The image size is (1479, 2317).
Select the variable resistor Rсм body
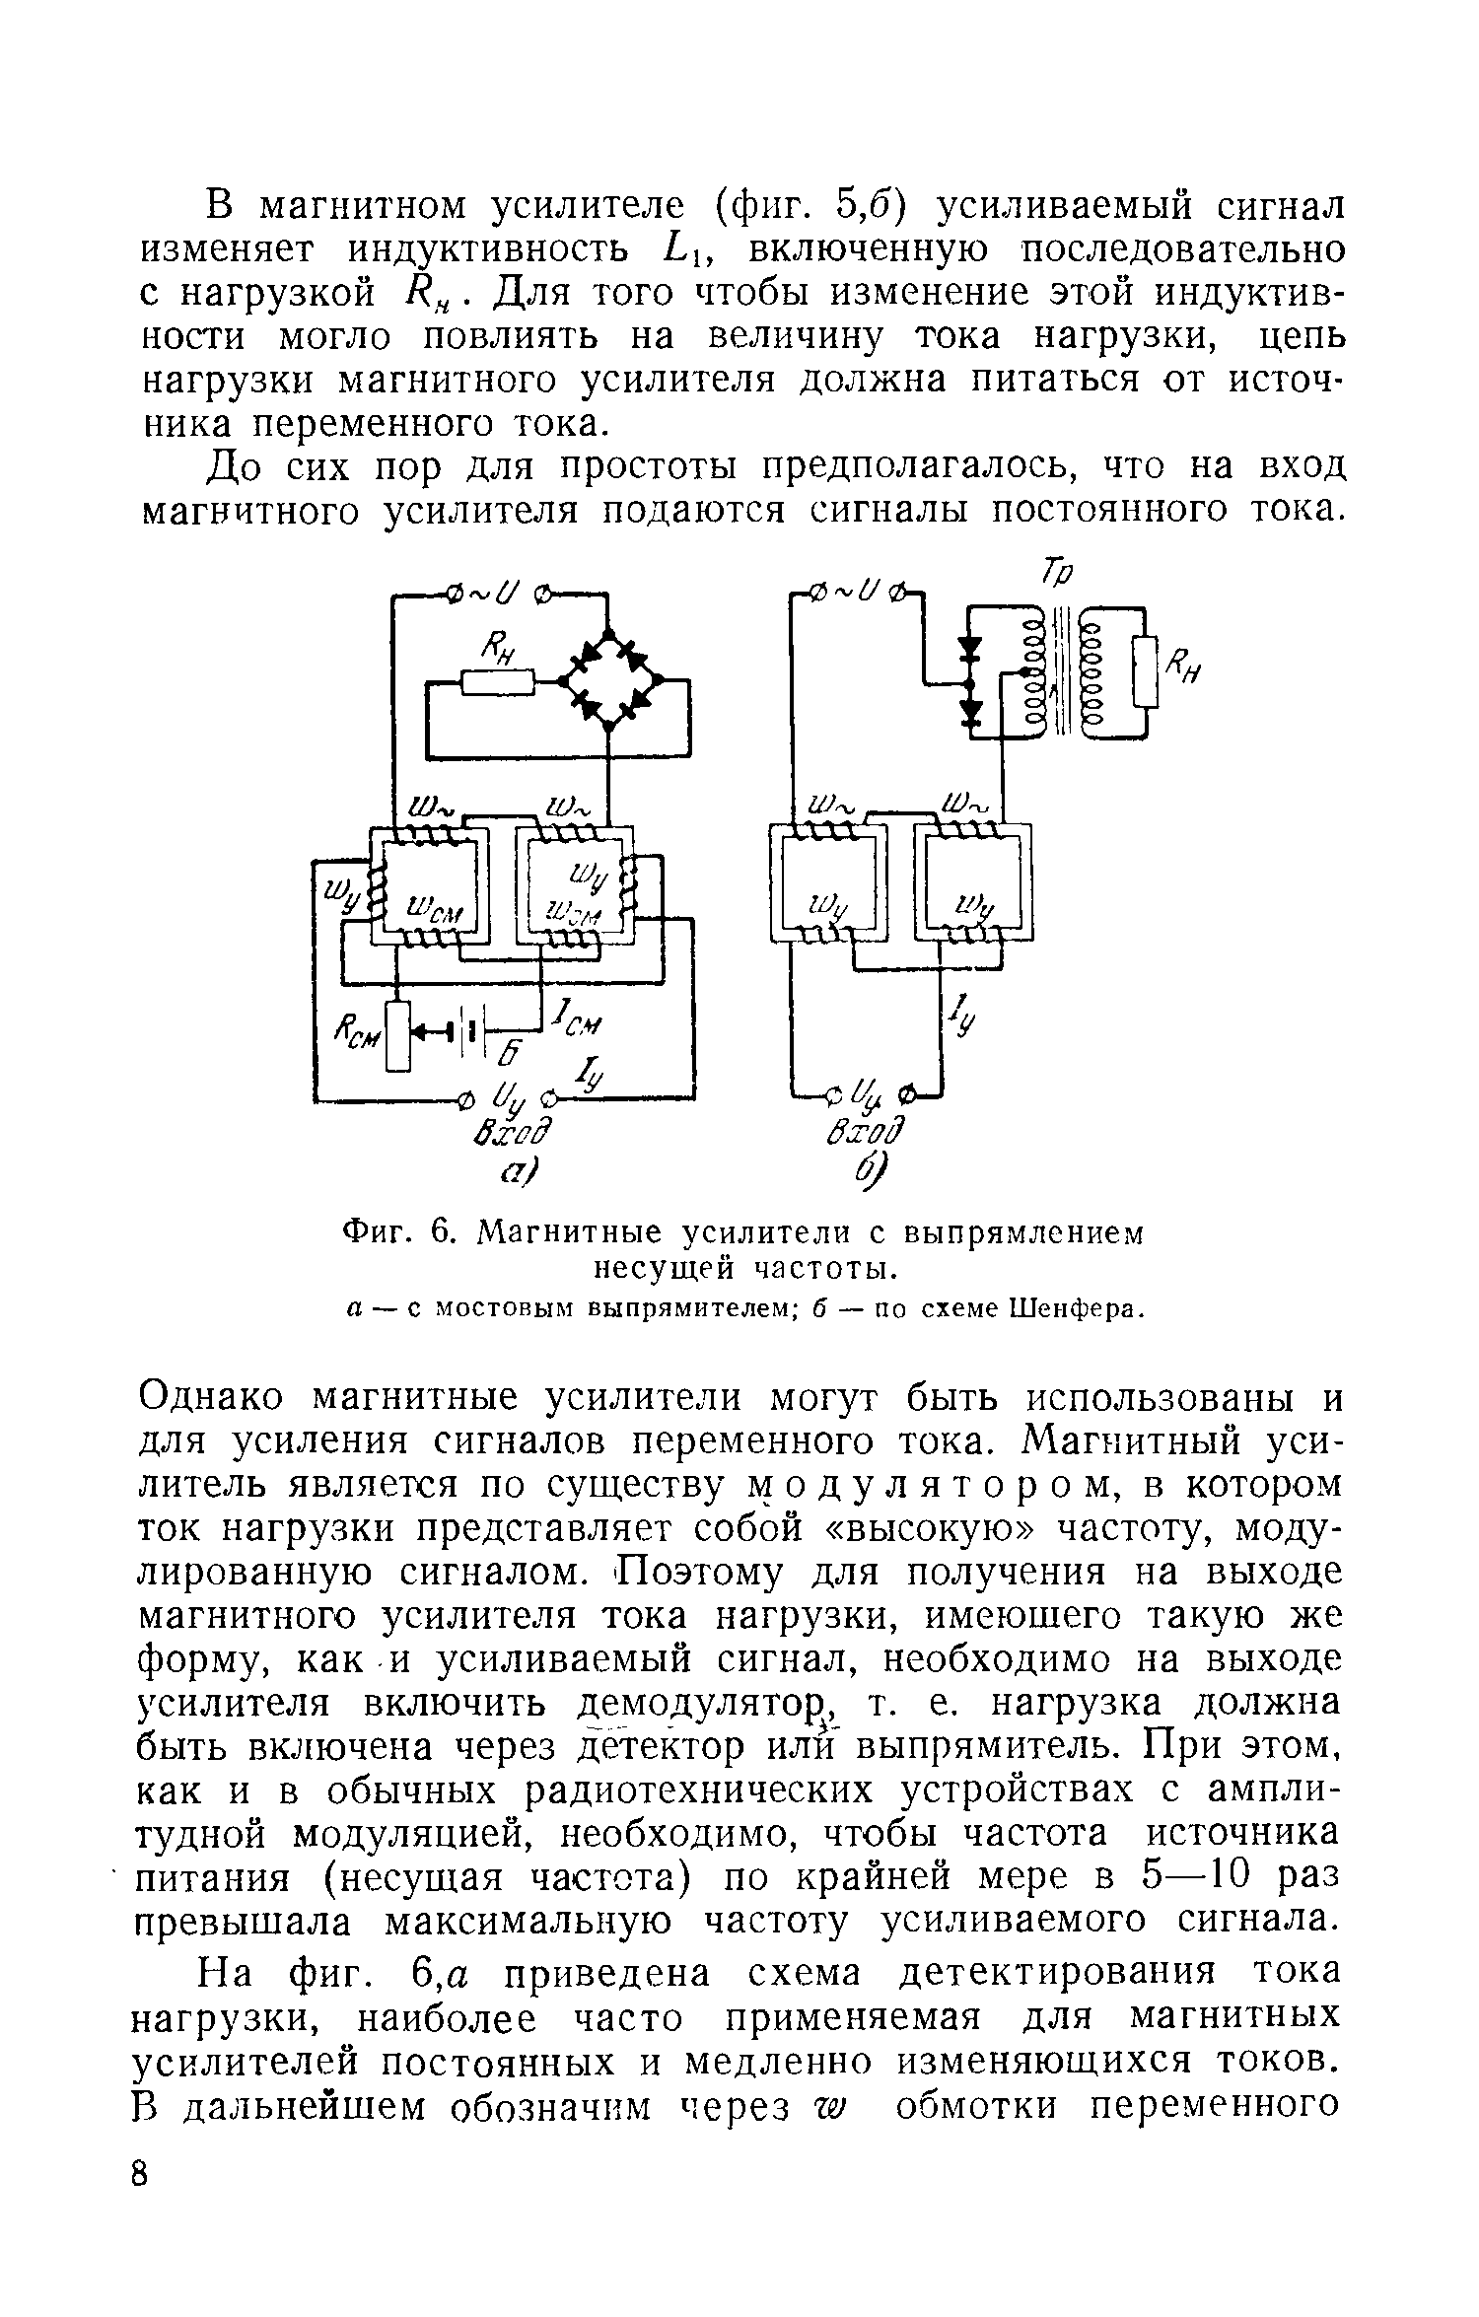(396, 1035)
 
